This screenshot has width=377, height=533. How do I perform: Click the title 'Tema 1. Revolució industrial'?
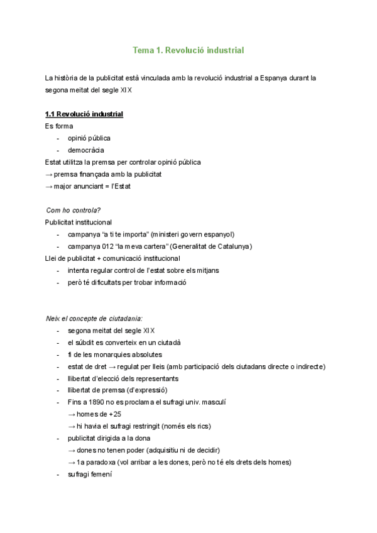188,50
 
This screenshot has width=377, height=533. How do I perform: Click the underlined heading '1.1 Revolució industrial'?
84,114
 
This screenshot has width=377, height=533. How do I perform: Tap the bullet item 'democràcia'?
86,150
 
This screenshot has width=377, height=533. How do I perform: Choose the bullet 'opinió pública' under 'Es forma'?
89,138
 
